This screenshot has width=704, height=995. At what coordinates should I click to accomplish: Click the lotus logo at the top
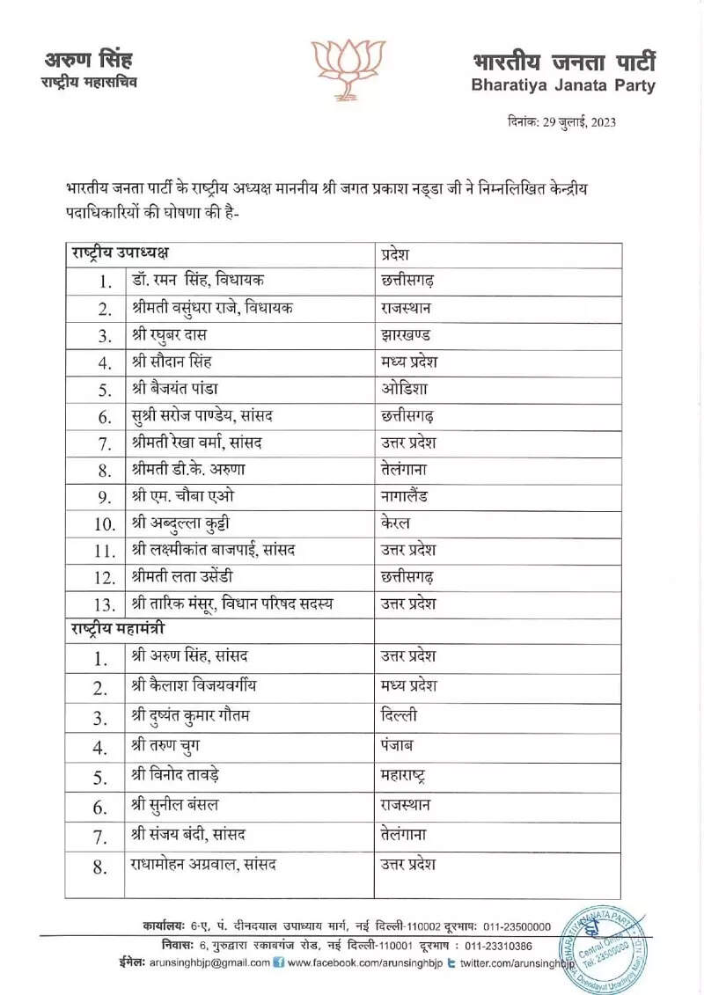[x=349, y=68]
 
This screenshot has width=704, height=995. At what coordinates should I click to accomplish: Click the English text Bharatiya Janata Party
[x=563, y=85]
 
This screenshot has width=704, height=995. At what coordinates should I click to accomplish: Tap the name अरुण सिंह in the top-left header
[x=88, y=61]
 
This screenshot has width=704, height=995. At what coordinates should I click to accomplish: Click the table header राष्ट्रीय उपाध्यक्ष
[x=120, y=253]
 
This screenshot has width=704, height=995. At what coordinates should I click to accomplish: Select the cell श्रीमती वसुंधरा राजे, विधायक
[x=212, y=308]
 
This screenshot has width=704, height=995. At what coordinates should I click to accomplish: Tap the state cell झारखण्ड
[x=406, y=335]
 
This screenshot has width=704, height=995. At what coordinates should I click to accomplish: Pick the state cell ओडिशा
[x=405, y=389]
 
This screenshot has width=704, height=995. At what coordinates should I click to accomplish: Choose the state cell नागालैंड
[x=404, y=496]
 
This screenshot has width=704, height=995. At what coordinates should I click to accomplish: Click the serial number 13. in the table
[x=105, y=604]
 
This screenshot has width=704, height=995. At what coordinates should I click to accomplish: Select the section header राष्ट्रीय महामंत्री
[x=117, y=631]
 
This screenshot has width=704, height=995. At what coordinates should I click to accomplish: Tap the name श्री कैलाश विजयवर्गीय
[x=194, y=685]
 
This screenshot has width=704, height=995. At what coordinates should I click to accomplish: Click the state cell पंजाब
[x=398, y=747]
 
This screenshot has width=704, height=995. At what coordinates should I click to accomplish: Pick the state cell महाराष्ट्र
[x=404, y=777]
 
